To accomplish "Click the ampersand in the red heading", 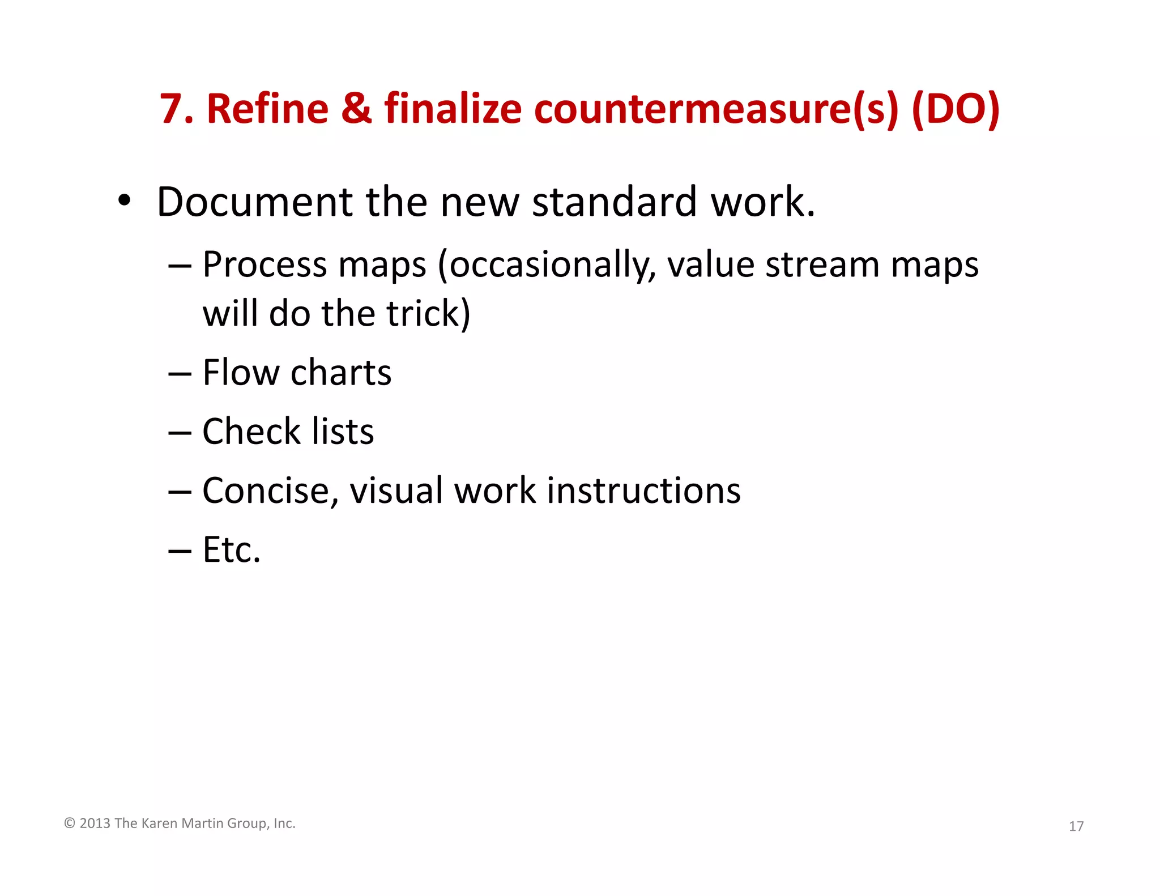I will pos(356,109).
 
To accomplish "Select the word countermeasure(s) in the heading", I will pos(716,110).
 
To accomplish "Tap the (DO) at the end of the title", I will pos(956,110).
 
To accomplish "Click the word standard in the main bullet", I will pos(614,202).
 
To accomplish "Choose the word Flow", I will pos(241,373).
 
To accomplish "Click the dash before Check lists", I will pos(180,433).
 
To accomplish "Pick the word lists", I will pos(343,432).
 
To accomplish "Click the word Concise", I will pos(266,490).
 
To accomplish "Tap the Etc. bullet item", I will pos(231,549).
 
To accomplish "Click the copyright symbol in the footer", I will pos(70,823).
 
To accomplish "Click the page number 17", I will pos(1076,826).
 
